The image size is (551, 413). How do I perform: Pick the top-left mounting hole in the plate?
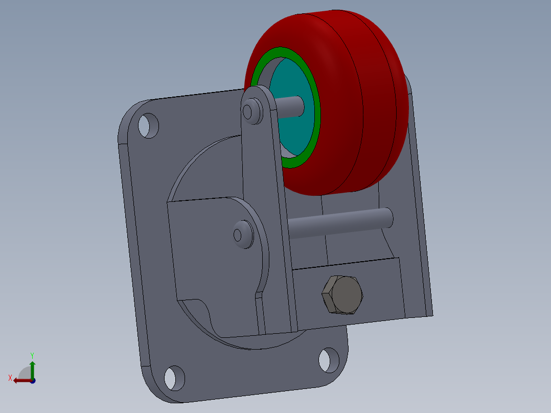pyautogui.click(x=148, y=125)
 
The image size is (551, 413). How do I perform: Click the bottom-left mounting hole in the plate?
pyautogui.click(x=174, y=378)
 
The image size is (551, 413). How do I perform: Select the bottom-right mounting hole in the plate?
pyautogui.click(x=329, y=360)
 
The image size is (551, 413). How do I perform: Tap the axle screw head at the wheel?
pyautogui.click(x=252, y=111)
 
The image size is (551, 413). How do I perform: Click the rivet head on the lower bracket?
pyautogui.click(x=243, y=235)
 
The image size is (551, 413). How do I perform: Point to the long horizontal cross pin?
pyautogui.click(x=340, y=223)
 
